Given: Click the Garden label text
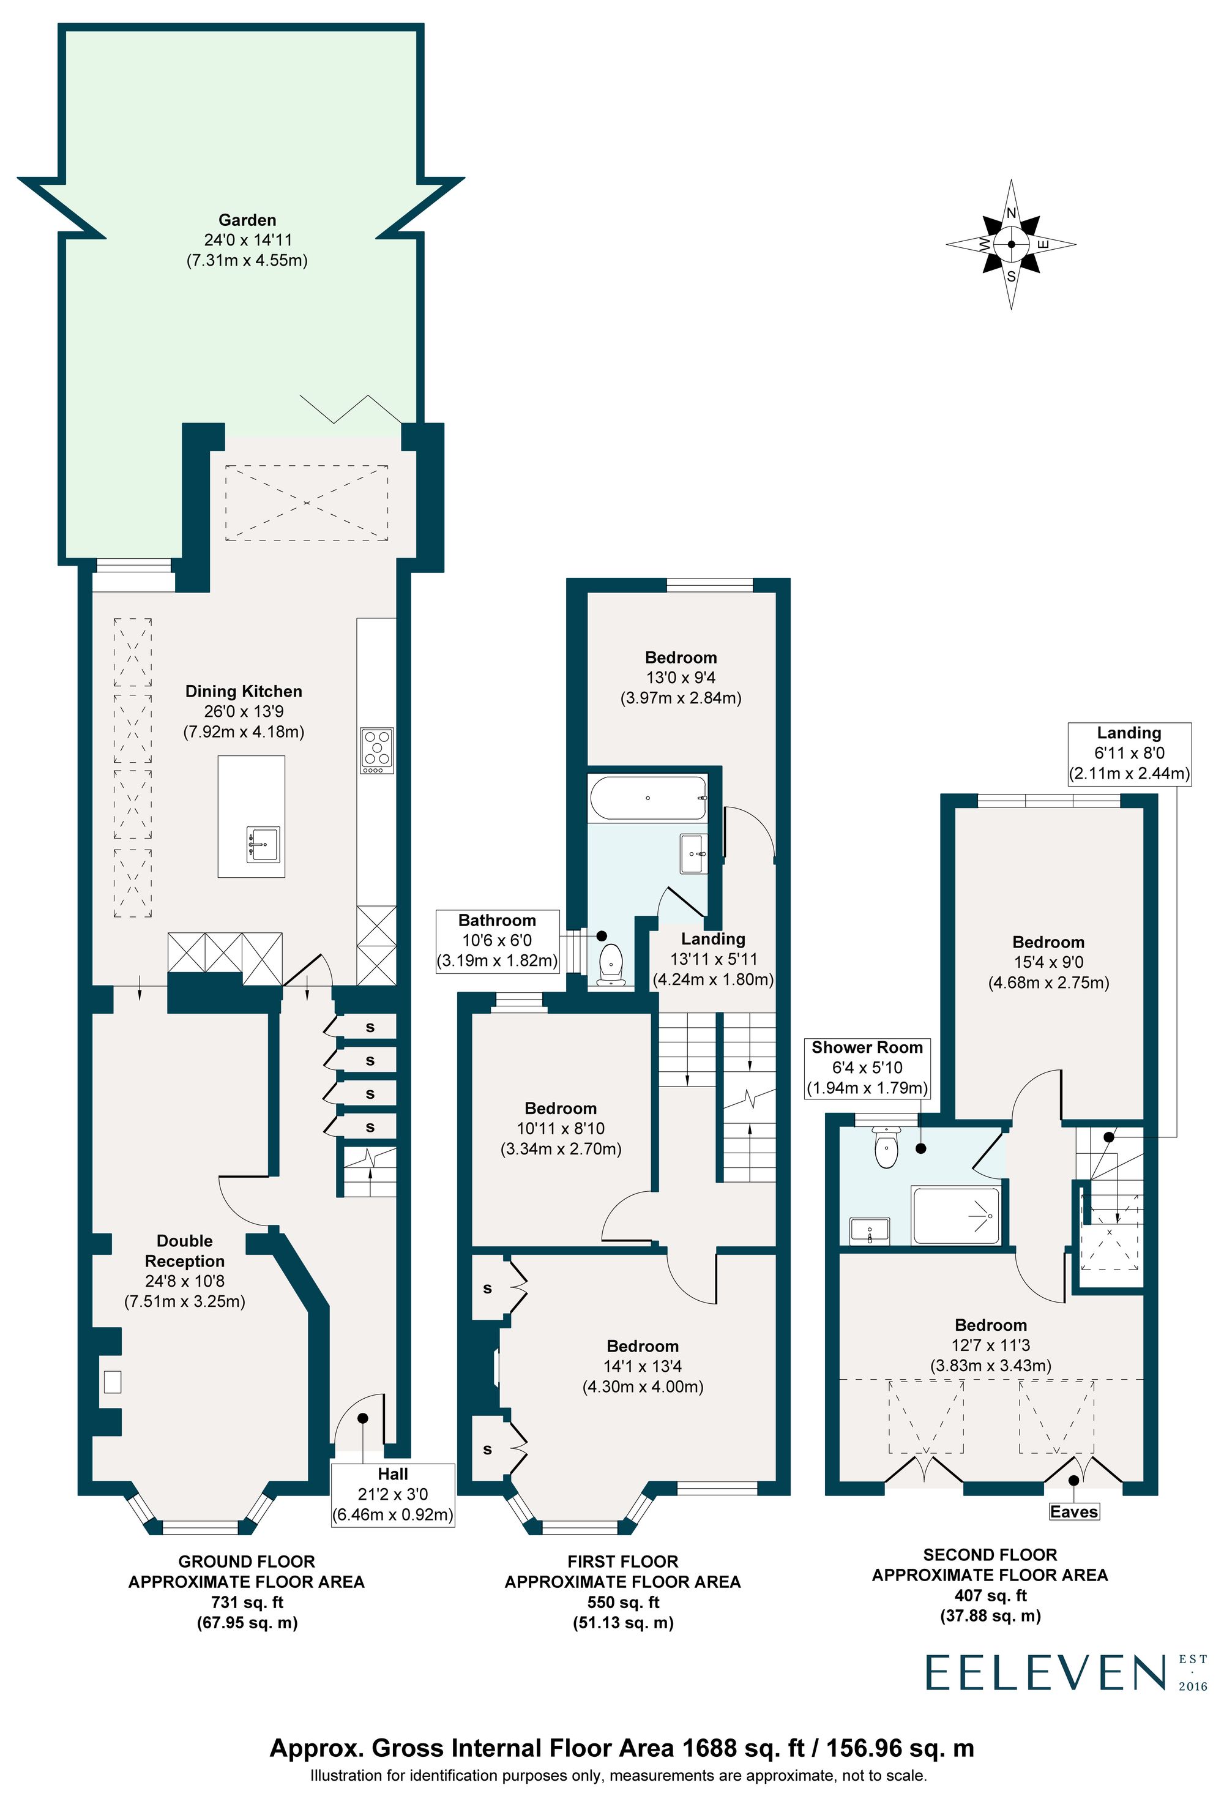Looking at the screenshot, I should (247, 220).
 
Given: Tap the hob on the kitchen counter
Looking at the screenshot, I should (377, 750).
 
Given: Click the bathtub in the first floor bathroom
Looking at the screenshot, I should (647, 798).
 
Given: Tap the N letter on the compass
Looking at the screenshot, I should (1011, 213).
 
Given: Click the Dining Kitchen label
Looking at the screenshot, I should (244, 692).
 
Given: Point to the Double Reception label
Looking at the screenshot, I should (185, 1251).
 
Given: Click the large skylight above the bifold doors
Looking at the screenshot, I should (307, 503).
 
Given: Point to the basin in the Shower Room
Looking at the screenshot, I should (870, 1230).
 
